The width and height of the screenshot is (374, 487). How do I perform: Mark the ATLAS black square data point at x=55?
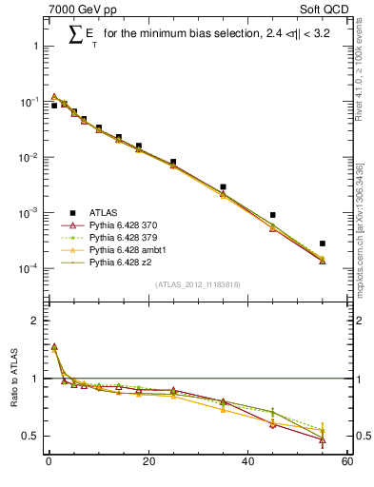(322, 243)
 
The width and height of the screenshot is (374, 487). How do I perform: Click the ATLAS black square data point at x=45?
(272, 215)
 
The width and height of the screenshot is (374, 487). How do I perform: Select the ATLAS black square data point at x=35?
(223, 187)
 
